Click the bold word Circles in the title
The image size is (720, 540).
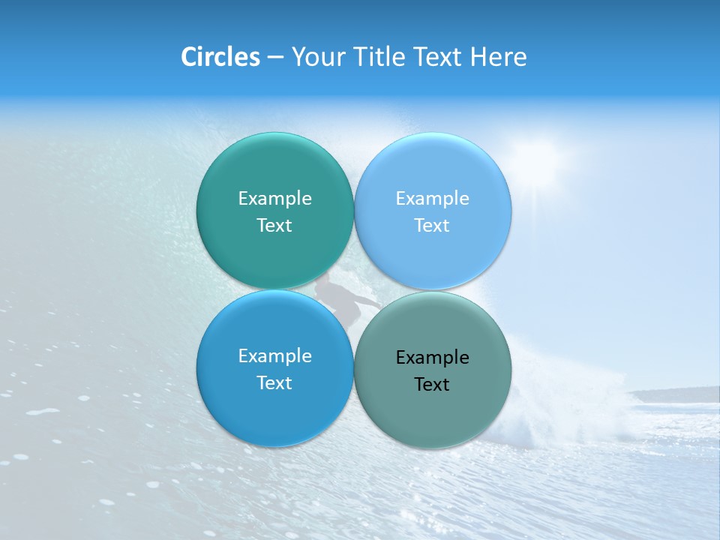point(220,57)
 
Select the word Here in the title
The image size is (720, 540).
point(498,57)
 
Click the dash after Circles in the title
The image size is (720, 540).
point(275,58)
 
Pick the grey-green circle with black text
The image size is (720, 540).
point(433,412)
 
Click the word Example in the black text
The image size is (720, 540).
point(433,358)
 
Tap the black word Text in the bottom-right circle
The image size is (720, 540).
point(432,385)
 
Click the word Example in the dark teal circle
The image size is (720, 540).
point(274,199)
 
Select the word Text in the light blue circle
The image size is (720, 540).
point(432,226)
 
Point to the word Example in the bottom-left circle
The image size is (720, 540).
point(274,356)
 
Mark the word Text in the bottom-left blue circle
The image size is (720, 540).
point(274,383)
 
